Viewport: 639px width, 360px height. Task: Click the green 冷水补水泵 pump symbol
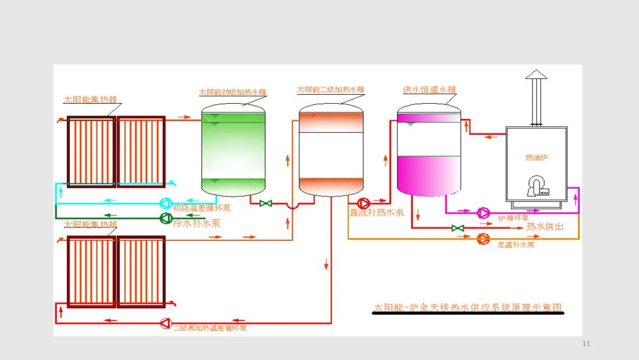[x=165, y=218]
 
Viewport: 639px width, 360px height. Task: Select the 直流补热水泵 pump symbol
[x=362, y=202]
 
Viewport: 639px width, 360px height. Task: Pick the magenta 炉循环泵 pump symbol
[x=483, y=212]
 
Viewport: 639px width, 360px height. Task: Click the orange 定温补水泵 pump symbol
[x=483, y=239]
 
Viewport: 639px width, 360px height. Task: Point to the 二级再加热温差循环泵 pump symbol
[x=165, y=323]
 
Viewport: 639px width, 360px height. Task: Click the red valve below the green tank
[x=266, y=204]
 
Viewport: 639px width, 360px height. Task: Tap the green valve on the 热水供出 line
[x=457, y=228]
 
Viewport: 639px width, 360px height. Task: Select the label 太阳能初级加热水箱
[x=232, y=92]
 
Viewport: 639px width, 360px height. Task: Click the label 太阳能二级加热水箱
[x=330, y=89]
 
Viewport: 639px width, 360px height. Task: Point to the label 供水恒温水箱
[x=430, y=89]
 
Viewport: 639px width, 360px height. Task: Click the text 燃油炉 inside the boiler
[x=535, y=157]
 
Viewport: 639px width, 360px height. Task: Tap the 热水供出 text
[x=545, y=227]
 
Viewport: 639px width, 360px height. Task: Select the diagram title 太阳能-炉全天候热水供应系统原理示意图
[x=467, y=308]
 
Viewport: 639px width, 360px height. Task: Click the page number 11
[x=586, y=344]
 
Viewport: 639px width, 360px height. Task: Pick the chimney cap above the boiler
[x=537, y=74]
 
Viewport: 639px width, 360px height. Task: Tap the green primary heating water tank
[x=233, y=151]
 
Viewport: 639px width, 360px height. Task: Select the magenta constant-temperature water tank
[x=428, y=151]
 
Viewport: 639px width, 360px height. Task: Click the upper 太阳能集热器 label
[x=91, y=99]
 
